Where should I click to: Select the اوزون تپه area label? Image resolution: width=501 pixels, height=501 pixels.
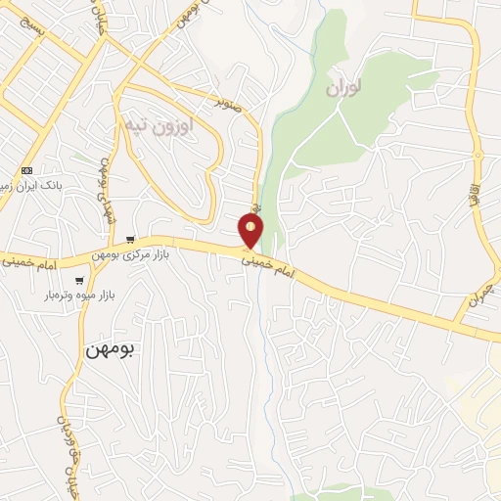(159, 124)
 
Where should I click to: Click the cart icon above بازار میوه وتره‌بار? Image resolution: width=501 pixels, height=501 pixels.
(79, 280)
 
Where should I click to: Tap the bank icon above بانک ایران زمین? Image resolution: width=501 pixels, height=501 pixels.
(26, 168)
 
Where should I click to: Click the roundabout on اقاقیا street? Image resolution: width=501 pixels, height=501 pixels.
(478, 155)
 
